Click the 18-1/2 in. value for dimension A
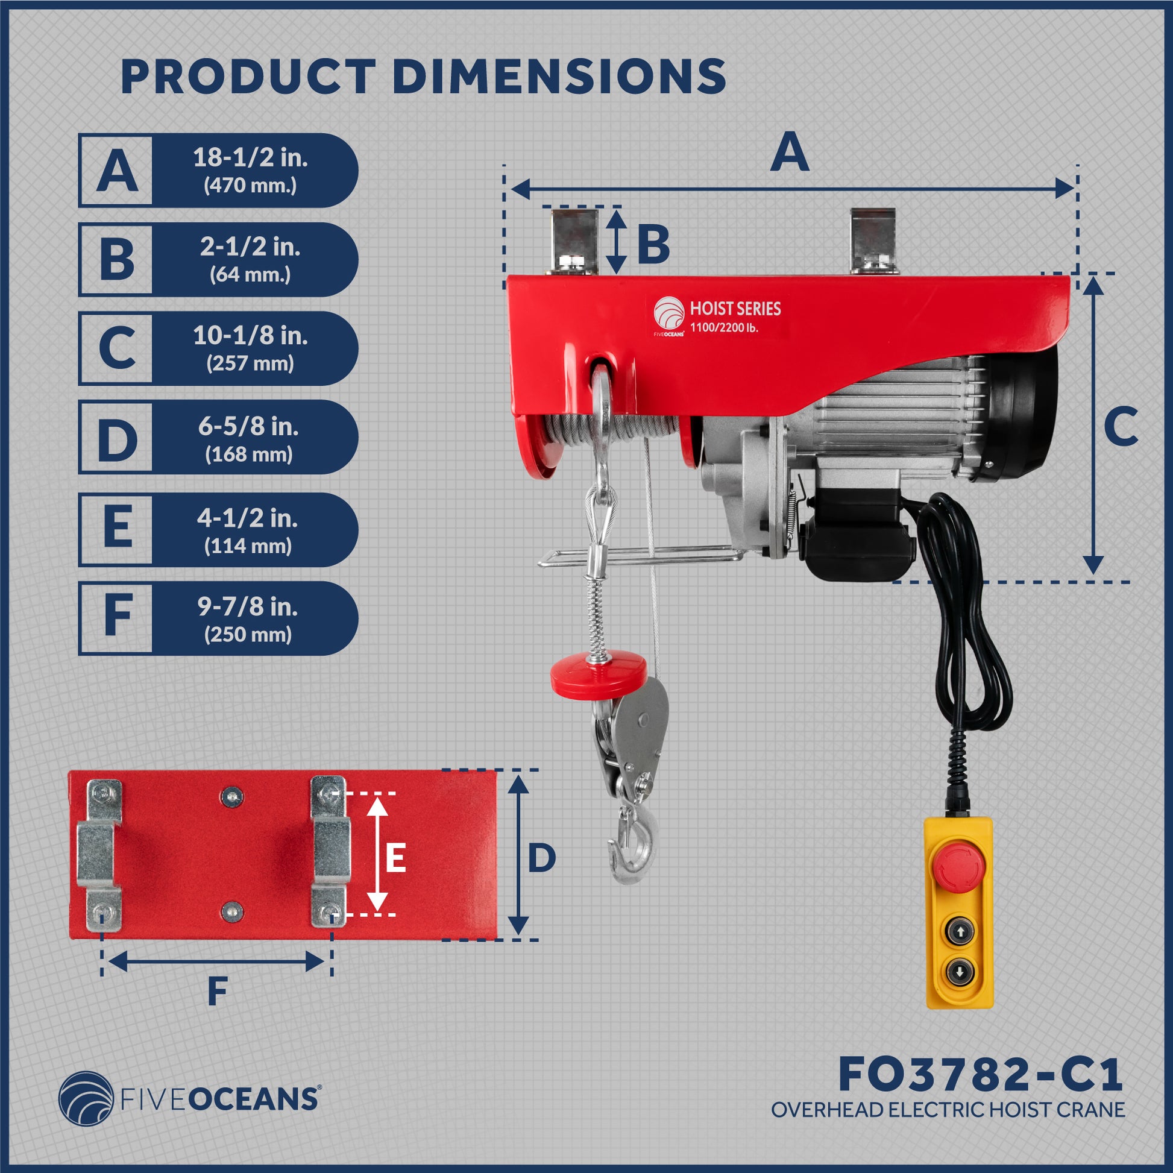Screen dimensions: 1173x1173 click(250, 158)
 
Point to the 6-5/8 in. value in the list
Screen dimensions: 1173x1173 click(248, 427)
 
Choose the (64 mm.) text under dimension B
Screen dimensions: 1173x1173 click(250, 275)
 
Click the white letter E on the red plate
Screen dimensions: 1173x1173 click(395, 859)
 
